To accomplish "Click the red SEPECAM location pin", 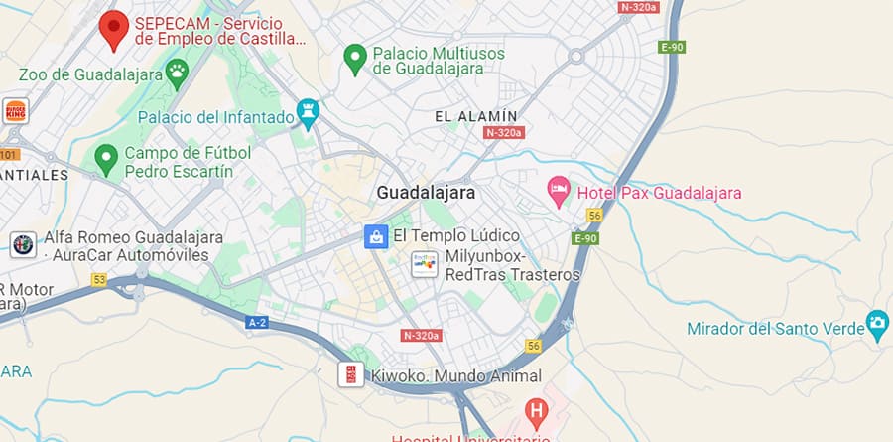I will point(114,28).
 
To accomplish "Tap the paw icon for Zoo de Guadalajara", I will point(177,70).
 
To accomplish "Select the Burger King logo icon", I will point(15,110).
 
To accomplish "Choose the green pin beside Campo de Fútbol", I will point(106,157).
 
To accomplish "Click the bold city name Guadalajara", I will point(427,193).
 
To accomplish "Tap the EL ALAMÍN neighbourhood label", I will point(476,116).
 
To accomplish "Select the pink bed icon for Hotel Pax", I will point(560,190).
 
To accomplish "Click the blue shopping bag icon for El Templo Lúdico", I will point(376,236).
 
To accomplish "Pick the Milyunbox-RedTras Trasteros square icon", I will point(425,264).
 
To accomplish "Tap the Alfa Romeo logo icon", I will point(22,244).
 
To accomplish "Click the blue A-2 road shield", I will point(257,322).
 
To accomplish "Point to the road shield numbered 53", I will point(98,280).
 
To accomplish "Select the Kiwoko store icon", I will point(350,374).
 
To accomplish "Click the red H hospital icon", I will point(537,410).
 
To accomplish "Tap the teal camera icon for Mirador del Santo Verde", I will point(877,323).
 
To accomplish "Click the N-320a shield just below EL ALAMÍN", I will point(505,132).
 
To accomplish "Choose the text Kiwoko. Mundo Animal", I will point(456,376).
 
